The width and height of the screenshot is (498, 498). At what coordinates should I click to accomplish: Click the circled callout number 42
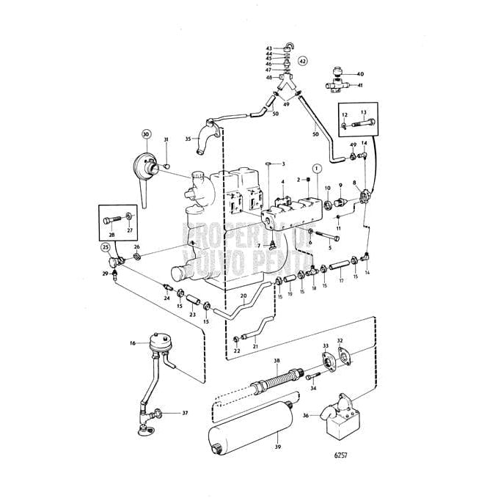click(x=303, y=61)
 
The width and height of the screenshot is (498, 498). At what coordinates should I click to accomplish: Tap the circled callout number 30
click(x=146, y=134)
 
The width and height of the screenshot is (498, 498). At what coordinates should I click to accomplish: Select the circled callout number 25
click(x=106, y=248)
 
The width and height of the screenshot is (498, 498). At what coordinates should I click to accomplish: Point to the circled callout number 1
click(x=315, y=168)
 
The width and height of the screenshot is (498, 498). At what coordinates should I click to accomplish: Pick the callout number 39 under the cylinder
click(x=277, y=447)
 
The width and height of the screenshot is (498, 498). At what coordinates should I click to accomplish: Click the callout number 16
click(x=133, y=343)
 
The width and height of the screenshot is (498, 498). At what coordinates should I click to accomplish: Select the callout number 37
click(x=185, y=413)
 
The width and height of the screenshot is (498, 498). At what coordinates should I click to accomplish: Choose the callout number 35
click(x=188, y=138)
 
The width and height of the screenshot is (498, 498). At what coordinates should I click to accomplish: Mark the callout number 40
click(x=359, y=74)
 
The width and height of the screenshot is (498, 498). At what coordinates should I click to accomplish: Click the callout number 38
click(x=277, y=361)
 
